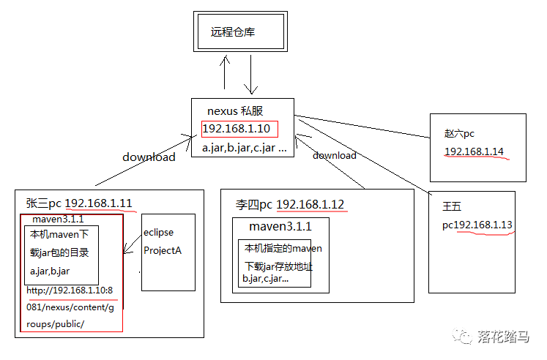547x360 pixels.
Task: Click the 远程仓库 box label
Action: pyautogui.click(x=233, y=32)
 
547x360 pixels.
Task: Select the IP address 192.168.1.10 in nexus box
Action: pyautogui.click(x=237, y=129)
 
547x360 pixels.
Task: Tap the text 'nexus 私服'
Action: pyautogui.click(x=235, y=111)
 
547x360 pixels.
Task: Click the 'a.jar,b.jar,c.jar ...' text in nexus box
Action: pyautogui.click(x=243, y=148)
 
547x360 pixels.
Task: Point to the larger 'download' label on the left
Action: pyautogui.click(x=149, y=157)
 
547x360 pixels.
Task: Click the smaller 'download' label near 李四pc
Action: pyautogui.click(x=334, y=155)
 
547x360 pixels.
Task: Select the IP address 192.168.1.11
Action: pyautogui.click(x=99, y=203)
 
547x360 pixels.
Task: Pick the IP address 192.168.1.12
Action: pyautogui.click(x=310, y=203)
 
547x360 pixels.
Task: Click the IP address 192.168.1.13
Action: pyautogui.click(x=483, y=225)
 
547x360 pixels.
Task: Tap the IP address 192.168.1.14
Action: pyautogui.click(x=474, y=152)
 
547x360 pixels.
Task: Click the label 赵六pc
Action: pyautogui.click(x=458, y=134)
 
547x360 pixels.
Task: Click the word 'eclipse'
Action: pyautogui.click(x=159, y=232)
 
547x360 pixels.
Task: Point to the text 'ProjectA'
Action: pyautogui.click(x=163, y=250)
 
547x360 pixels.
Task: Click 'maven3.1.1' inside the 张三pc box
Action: pyautogui.click(x=58, y=218)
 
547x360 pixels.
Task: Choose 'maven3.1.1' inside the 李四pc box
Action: pyautogui.click(x=280, y=225)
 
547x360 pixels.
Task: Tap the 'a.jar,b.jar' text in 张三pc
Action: pyautogui.click(x=51, y=271)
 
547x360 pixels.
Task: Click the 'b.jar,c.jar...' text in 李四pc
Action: pyautogui.click(x=265, y=279)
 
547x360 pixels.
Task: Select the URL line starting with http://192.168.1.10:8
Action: pyautogui.click(x=70, y=290)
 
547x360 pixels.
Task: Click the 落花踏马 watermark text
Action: pyautogui.click(x=503, y=336)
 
